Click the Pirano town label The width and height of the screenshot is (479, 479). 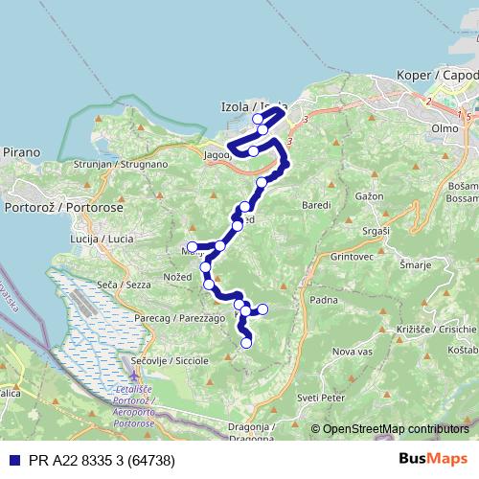21,152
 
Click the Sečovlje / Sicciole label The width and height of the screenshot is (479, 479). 172,361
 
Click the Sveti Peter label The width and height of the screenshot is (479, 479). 319,396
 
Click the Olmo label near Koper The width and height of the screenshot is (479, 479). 445,126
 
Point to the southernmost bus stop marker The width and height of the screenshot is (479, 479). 246,343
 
